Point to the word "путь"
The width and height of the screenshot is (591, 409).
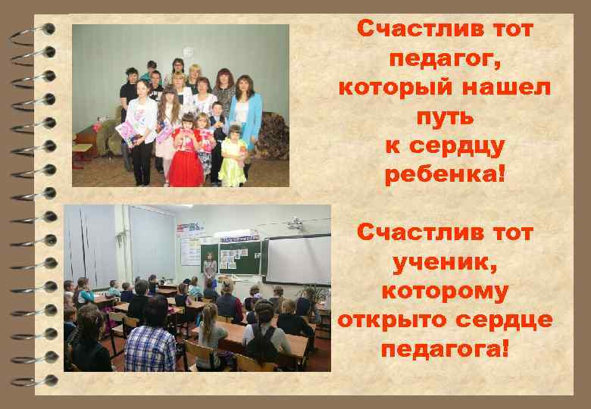click(445, 117)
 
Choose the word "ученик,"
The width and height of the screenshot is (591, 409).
click(445, 262)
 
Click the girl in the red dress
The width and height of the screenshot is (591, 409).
click(186, 155)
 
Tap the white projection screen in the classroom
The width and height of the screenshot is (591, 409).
click(299, 258)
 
